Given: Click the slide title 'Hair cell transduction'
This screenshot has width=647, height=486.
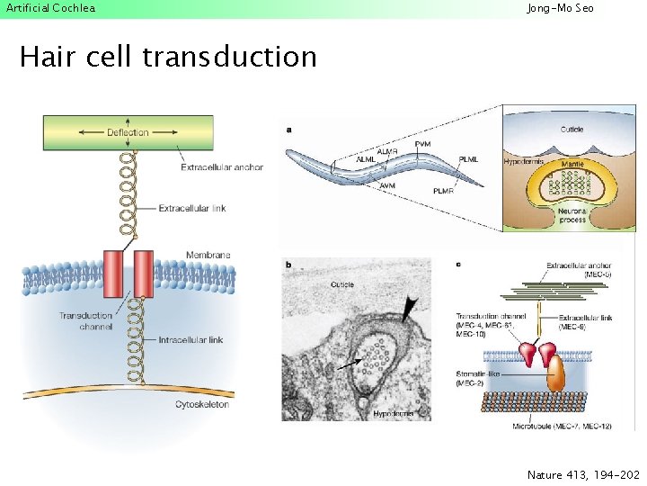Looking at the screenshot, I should [168, 57].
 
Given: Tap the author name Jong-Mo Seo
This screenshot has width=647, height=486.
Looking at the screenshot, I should [560, 8].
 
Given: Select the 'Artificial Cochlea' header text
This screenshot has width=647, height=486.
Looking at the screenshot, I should [49, 8].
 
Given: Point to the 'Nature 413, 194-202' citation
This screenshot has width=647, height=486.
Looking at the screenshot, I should [583, 473].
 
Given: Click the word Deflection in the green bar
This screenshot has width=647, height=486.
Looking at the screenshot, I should [127, 133].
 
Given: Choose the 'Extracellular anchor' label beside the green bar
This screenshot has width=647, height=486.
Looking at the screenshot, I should [222, 166].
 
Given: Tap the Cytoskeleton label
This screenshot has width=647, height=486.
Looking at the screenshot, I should [202, 404].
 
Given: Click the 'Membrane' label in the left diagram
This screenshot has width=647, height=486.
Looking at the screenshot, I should [208, 255].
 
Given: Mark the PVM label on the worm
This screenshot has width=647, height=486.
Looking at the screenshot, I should [422, 144].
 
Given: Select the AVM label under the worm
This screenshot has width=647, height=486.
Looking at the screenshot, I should [387, 185].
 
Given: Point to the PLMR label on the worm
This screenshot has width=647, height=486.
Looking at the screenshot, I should [444, 191].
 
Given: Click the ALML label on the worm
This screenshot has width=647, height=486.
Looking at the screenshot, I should [367, 159].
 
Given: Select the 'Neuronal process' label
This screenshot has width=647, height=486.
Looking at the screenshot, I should [572, 214].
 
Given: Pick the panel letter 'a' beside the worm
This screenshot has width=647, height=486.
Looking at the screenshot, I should [288, 130].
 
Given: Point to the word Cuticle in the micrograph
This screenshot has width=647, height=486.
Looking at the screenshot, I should [317, 284].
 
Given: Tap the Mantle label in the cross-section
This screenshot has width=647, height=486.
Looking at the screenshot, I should [572, 166].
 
